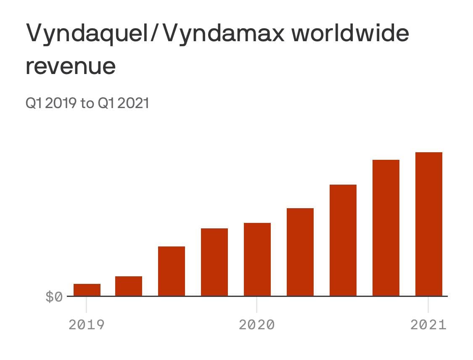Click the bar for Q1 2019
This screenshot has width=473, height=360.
[87, 290]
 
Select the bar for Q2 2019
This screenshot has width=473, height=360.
[129, 286]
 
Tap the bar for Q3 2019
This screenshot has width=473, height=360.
[172, 271]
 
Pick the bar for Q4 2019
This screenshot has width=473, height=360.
[214, 262]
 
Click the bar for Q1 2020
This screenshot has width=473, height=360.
[257, 259]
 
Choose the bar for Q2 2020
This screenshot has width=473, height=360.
[300, 252]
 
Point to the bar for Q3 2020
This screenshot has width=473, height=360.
[343, 240]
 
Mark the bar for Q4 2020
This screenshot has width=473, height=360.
[386, 228]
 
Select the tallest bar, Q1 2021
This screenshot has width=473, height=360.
[429, 224]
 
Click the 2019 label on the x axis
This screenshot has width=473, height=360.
[86, 325]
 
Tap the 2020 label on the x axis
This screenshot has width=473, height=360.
[257, 325]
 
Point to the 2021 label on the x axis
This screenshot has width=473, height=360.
[428, 325]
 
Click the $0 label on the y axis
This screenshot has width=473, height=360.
[54, 297]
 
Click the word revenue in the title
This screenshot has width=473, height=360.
[71, 66]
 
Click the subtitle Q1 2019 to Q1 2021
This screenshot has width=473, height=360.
[87, 103]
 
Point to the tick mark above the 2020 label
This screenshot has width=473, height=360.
[257, 304]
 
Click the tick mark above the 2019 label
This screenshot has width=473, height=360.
[86, 304]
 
